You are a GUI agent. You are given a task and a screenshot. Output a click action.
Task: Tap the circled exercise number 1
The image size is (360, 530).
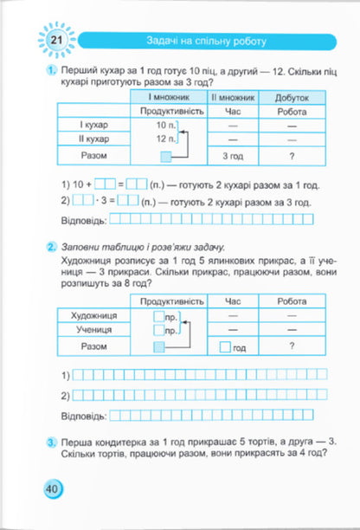[x=52, y=69]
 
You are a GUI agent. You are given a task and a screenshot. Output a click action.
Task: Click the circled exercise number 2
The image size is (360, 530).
[x=52, y=246]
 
